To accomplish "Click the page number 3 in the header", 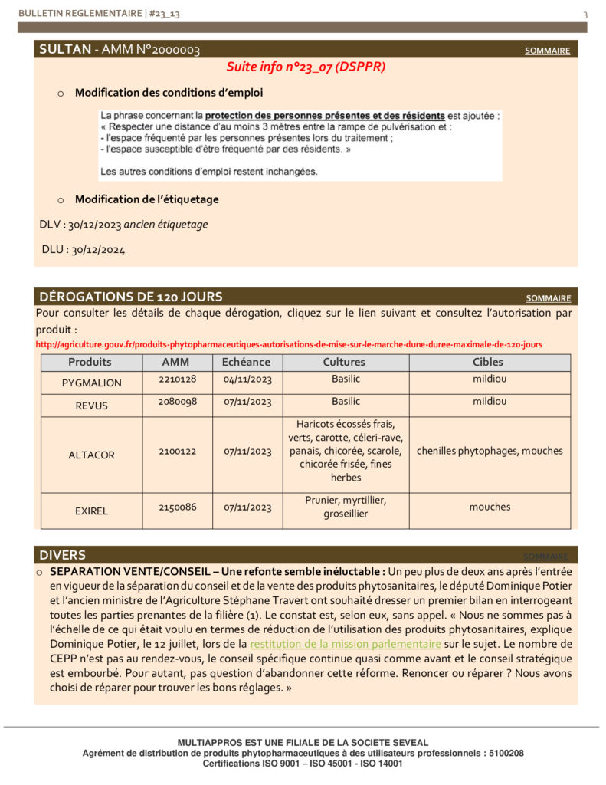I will coord(585,15).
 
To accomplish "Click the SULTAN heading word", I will coord(64,50).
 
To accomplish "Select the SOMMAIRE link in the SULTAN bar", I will coord(547,51).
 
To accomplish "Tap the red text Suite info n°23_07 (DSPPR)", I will coord(306,67).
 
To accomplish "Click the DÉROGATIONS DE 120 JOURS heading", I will coord(131,297).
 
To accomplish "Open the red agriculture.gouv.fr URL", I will coord(289,344).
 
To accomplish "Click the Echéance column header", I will coord(246,362).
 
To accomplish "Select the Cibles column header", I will coord(489,362).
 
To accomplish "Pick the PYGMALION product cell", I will coord(91,383).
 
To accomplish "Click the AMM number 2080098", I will coord(178,402).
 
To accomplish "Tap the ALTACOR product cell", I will coord(91,455).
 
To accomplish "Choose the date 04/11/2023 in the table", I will coord(247,379).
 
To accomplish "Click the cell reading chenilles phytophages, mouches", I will coord(490,451).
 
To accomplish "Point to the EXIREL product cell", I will coord(91,511).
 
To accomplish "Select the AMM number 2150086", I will coord(178,507).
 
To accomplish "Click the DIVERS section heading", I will coord(63,555).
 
